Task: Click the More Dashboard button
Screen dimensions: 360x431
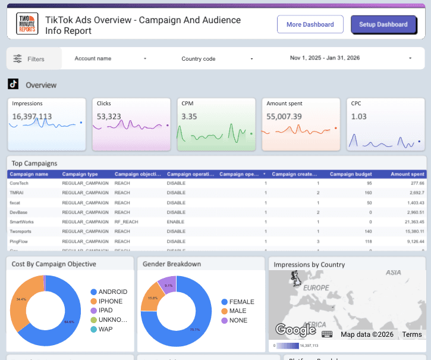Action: click(x=310, y=24)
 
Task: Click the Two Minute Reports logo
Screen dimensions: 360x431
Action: click(x=27, y=24)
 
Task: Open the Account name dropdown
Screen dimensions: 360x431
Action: click(x=110, y=58)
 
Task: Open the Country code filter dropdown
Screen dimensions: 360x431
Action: click(x=217, y=58)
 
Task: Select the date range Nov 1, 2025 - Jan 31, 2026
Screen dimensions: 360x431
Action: click(x=351, y=58)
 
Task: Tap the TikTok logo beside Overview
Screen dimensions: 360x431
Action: click(x=13, y=84)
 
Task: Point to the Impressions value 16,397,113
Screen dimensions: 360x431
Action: click(x=32, y=117)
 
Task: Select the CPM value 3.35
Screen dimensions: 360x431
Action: click(x=189, y=117)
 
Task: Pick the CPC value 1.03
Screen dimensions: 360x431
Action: click(x=358, y=117)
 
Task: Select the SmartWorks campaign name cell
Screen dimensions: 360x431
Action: click(x=22, y=221)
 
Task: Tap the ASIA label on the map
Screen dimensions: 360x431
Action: click(x=393, y=272)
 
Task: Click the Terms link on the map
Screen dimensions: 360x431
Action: click(x=411, y=334)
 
